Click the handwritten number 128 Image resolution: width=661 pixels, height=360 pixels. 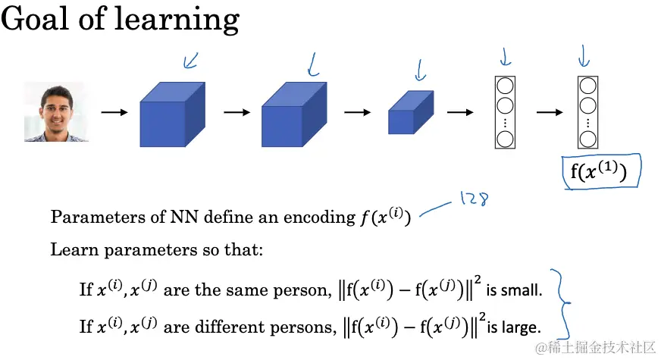(472, 200)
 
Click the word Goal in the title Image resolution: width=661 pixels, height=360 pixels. (33, 18)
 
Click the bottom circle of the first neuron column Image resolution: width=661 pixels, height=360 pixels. (505, 139)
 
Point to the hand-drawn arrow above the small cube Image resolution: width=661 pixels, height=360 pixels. (420, 69)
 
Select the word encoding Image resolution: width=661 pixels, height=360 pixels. (319, 218)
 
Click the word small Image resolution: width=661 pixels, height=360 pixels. (524, 290)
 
